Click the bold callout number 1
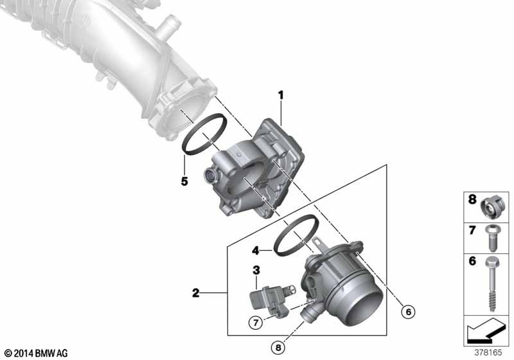(281, 95)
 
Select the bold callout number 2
(196, 292)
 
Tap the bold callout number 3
(256, 270)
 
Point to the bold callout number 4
(256, 251)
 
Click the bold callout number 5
(184, 181)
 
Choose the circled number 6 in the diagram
(409, 312)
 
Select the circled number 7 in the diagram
(256, 323)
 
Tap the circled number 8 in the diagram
(278, 348)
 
